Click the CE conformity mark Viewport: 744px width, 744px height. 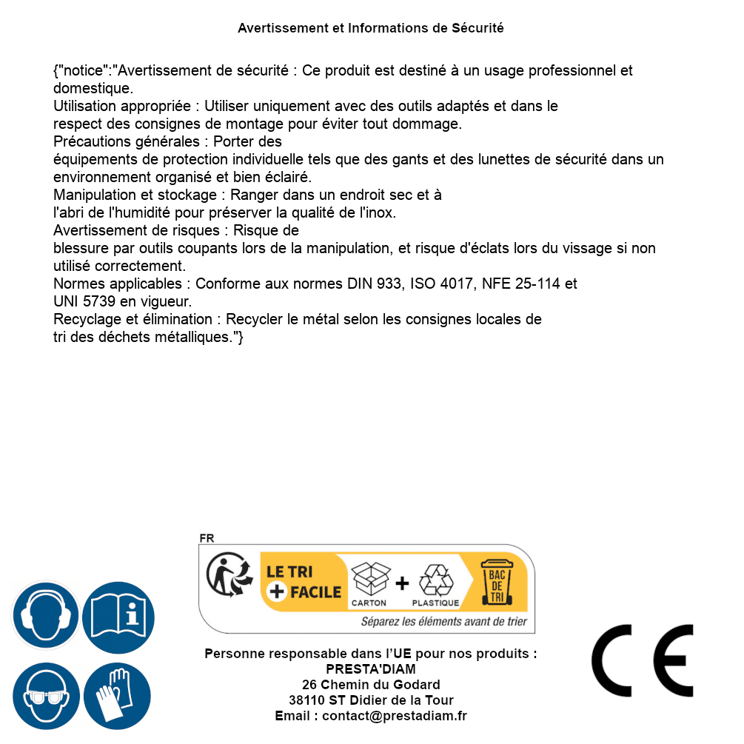coord(642,660)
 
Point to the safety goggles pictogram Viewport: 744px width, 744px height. coord(45,697)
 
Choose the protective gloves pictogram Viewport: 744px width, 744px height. coord(117,697)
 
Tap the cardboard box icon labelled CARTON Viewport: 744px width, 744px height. coord(369,579)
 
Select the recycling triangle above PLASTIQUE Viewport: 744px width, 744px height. coord(435,579)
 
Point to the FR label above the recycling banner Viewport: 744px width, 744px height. coord(207,539)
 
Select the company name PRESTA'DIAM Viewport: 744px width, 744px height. coord(371,669)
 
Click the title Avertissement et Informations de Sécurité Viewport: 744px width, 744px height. coord(371,28)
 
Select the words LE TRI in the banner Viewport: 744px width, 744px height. coord(289,572)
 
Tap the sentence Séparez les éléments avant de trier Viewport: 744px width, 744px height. coord(443,622)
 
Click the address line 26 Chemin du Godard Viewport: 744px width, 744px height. coord(371,685)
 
